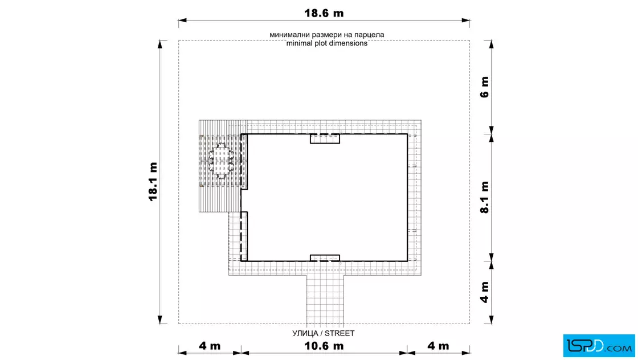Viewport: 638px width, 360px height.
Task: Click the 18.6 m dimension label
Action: point(324,13)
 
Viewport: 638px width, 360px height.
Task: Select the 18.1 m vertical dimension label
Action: point(153,181)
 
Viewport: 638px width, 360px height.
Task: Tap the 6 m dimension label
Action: point(485,87)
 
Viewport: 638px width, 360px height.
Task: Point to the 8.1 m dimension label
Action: point(485,197)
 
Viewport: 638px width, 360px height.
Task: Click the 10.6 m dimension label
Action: point(324,346)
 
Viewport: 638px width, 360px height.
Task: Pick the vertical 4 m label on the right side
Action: point(485,292)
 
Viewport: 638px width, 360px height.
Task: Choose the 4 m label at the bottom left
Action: point(210,346)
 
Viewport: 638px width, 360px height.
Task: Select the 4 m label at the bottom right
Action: point(438,346)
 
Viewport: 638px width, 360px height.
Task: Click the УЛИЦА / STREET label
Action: point(324,334)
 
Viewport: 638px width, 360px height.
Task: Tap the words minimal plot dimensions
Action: point(327,43)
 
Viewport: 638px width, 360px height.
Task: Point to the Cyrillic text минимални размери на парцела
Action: point(327,35)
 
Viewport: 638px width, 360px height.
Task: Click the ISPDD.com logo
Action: point(599,346)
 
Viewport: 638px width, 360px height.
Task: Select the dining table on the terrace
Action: point(222,161)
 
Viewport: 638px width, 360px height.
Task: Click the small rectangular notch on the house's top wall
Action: point(325,139)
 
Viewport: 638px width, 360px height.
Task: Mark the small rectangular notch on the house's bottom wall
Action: point(325,258)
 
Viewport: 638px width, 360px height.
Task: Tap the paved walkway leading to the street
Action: point(325,300)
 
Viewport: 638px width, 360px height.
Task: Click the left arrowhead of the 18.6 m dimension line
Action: point(182,20)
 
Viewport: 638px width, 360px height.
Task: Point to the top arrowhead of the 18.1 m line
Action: point(160,44)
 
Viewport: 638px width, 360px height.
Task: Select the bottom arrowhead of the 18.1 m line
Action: point(160,320)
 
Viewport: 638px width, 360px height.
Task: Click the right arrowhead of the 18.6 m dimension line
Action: point(466,20)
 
